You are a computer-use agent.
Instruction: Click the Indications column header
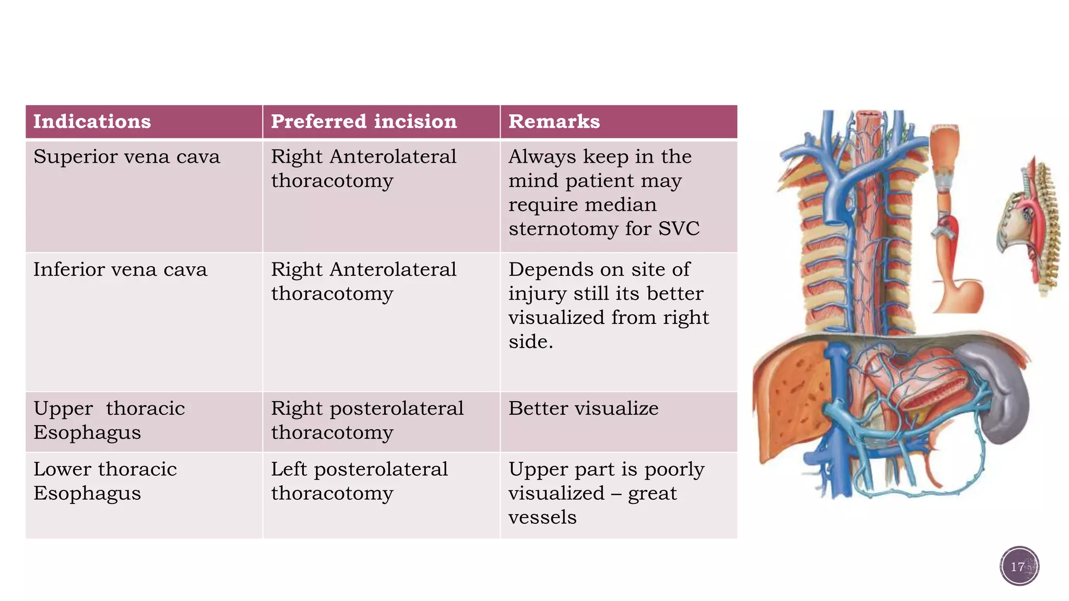[92, 122]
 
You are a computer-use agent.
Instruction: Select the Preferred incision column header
[364, 122]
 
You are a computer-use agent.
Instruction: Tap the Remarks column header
[554, 122]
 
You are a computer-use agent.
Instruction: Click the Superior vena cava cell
[126, 157]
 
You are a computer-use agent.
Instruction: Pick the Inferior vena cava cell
[120, 270]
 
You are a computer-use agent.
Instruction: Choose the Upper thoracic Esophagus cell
[109, 420]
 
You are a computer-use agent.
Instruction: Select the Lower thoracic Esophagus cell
[104, 481]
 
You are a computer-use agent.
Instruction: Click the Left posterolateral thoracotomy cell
[359, 481]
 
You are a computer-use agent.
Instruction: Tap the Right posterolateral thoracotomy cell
[366, 420]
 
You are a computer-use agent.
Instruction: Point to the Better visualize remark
[583, 408]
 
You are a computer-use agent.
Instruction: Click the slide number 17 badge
[1019, 566]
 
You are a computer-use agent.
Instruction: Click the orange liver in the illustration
[788, 396]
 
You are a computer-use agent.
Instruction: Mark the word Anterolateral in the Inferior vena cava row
[393, 270]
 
